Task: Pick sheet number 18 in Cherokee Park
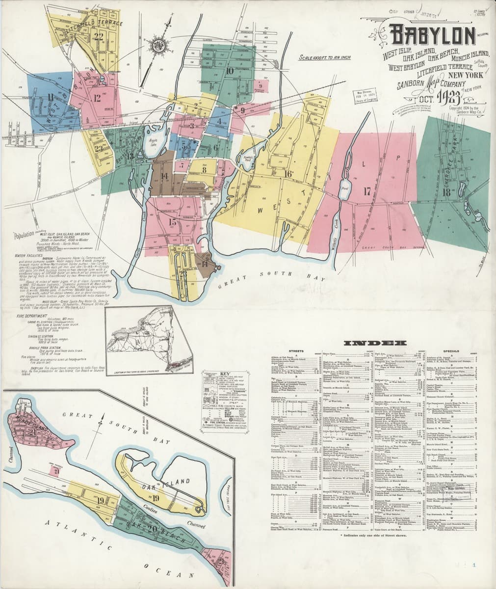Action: tap(446, 192)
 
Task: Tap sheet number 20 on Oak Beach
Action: tap(152, 528)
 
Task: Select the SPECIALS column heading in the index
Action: tap(450, 351)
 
